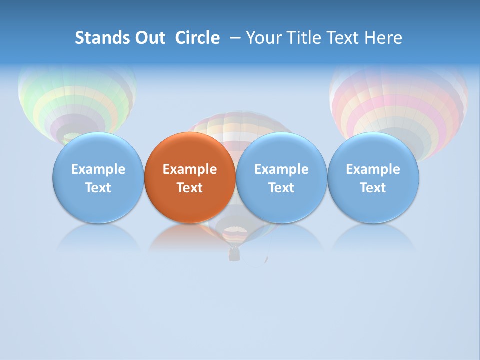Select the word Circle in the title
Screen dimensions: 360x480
pyautogui.click(x=197, y=38)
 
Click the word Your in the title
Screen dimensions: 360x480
pyautogui.click(x=262, y=38)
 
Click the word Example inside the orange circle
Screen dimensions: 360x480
pyautogui.click(x=190, y=169)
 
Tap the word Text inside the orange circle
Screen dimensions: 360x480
pyautogui.click(x=190, y=188)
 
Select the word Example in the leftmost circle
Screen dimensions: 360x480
pyautogui.click(x=98, y=169)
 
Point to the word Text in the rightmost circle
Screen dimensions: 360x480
pyautogui.click(x=373, y=188)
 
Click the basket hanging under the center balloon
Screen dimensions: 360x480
pyautogui.click(x=234, y=255)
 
